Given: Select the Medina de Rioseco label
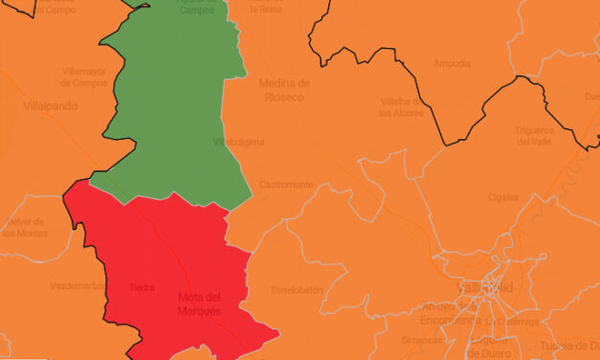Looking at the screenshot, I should pyautogui.click(x=285, y=89).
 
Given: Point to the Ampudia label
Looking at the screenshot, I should pyautogui.click(x=452, y=63).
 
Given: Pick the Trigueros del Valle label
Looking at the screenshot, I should pyautogui.click(x=535, y=135).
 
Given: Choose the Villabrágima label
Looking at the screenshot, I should pyautogui.click(x=238, y=142).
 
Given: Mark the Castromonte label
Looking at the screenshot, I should pyautogui.click(x=285, y=184).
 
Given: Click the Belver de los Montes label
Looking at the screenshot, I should pyautogui.click(x=25, y=227).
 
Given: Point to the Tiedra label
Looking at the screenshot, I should pyautogui.click(x=142, y=287).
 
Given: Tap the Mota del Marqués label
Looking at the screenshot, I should pyautogui.click(x=200, y=304).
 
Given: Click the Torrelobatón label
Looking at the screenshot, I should pyautogui.click(x=296, y=289).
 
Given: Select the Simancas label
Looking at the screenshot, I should pyautogui.click(x=421, y=339).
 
